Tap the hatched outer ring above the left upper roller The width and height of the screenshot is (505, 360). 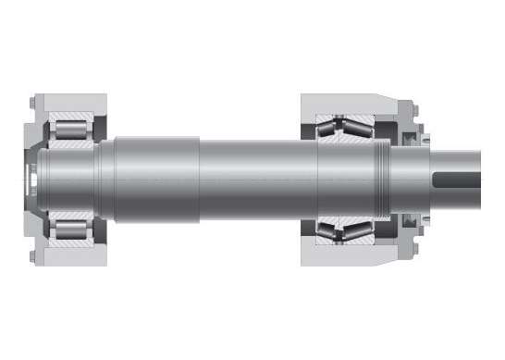[69, 117]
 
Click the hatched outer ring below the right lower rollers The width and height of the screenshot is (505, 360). [347, 242]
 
